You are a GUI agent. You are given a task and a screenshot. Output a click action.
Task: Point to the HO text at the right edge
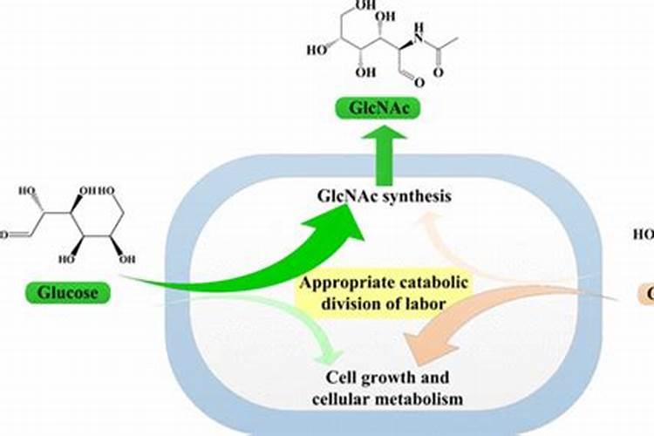coord(644,234)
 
